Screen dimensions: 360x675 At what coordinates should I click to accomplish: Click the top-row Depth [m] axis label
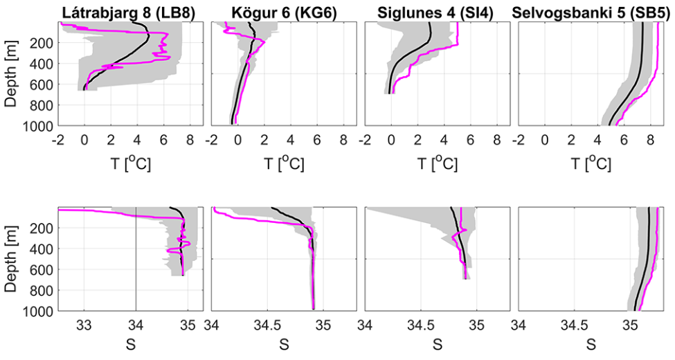(x=12, y=73)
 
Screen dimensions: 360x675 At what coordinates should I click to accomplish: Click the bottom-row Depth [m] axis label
(x=12, y=259)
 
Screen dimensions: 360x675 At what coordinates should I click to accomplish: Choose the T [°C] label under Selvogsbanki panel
(x=593, y=163)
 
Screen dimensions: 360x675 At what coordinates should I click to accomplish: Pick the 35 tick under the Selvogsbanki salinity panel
(x=631, y=324)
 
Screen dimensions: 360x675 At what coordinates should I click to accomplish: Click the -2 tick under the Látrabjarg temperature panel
(x=58, y=139)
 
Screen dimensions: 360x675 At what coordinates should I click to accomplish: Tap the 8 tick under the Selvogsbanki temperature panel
(x=650, y=139)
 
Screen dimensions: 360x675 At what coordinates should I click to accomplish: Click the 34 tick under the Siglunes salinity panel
(x=366, y=324)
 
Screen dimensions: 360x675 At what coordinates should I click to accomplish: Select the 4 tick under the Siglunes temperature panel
(x=444, y=139)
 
